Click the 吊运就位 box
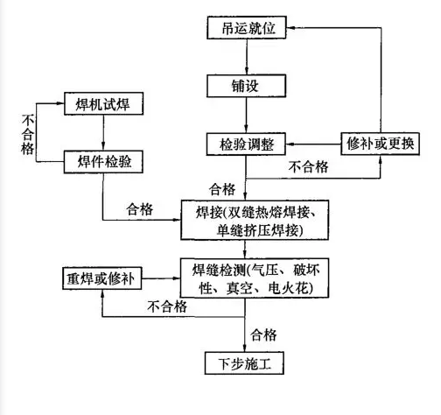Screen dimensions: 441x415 (247, 28)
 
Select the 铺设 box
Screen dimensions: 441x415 (246, 86)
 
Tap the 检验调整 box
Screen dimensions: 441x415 (246, 144)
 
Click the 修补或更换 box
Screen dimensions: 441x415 (381, 144)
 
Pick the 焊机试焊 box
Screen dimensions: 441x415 (103, 103)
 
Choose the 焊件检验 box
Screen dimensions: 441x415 (103, 162)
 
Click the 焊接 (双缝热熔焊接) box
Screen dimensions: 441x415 (255, 220)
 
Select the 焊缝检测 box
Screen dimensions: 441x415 (255, 278)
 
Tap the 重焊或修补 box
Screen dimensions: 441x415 (102, 278)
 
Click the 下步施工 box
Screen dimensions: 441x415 (244, 363)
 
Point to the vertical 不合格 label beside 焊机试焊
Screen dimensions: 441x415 (28, 134)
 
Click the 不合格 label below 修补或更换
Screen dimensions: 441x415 (309, 167)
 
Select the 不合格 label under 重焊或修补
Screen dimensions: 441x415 (167, 306)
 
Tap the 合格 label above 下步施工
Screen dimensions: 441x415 (263, 334)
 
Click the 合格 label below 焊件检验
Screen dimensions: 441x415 (140, 209)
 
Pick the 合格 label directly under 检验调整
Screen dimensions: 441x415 (222, 189)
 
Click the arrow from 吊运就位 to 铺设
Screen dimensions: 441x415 (247, 57)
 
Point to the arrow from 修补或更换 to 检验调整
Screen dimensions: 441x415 (313, 144)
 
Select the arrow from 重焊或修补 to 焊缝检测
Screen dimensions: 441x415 (161, 278)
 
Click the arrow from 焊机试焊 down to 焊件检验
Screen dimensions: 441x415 (103, 133)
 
